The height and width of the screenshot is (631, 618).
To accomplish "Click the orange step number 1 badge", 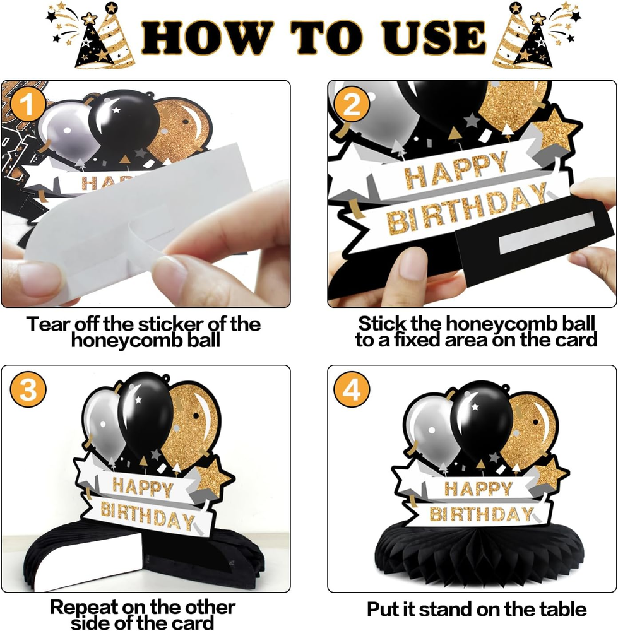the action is click(x=28, y=105).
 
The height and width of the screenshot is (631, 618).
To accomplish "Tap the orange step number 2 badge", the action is click(x=352, y=105).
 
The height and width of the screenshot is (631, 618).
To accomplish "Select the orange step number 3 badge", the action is click(x=28, y=389).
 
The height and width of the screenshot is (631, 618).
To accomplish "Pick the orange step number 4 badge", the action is click(x=352, y=389).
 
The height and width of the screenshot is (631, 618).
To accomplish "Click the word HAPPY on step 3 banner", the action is click(x=143, y=487).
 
